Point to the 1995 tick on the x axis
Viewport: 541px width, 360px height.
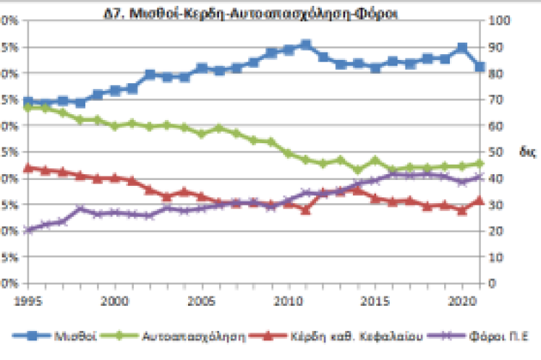27,298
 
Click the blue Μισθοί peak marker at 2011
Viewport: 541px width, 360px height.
305,45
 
